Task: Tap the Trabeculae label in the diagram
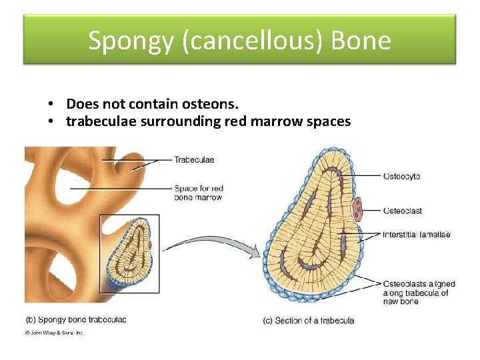pyautogui.click(x=194, y=159)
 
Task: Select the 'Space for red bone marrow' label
pyautogui.click(x=198, y=193)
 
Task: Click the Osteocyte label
pyautogui.click(x=401, y=176)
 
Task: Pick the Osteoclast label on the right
pyautogui.click(x=402, y=211)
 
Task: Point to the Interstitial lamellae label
pyautogui.click(x=417, y=234)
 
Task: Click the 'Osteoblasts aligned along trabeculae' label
pyautogui.click(x=416, y=293)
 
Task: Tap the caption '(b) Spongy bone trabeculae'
pyautogui.click(x=76, y=319)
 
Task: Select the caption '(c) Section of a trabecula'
pyautogui.click(x=309, y=320)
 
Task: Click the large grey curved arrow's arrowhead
pyautogui.click(x=254, y=251)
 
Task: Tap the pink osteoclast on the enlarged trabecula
pyautogui.click(x=358, y=208)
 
